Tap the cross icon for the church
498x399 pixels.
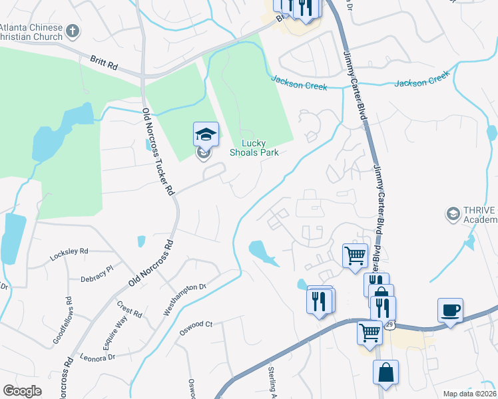[x=73, y=31]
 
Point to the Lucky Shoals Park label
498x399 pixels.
[x=253, y=148]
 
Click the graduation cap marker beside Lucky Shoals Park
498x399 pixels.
[x=206, y=135]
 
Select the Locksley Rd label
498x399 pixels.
[x=69, y=253]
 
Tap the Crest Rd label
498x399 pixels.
[x=129, y=310]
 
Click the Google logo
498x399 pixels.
[x=23, y=391]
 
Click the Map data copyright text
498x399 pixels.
[x=469, y=394]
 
